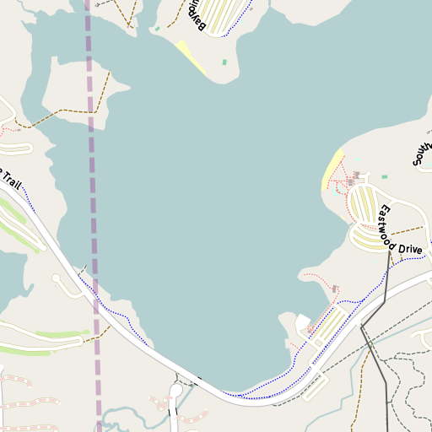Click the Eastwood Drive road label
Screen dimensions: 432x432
pos(400,230)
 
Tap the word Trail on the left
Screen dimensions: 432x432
pos(10,180)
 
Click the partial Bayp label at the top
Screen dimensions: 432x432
pos(195,14)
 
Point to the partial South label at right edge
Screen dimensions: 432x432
pos(422,149)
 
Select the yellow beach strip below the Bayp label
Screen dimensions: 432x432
pos(191,57)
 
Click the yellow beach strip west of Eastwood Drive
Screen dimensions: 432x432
pos(333,169)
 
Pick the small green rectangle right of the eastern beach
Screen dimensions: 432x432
pos(384,177)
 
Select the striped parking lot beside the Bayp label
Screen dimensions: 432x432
pos(224,15)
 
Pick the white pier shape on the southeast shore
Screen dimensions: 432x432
pos(301,323)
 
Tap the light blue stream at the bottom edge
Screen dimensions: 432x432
pos(127,413)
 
